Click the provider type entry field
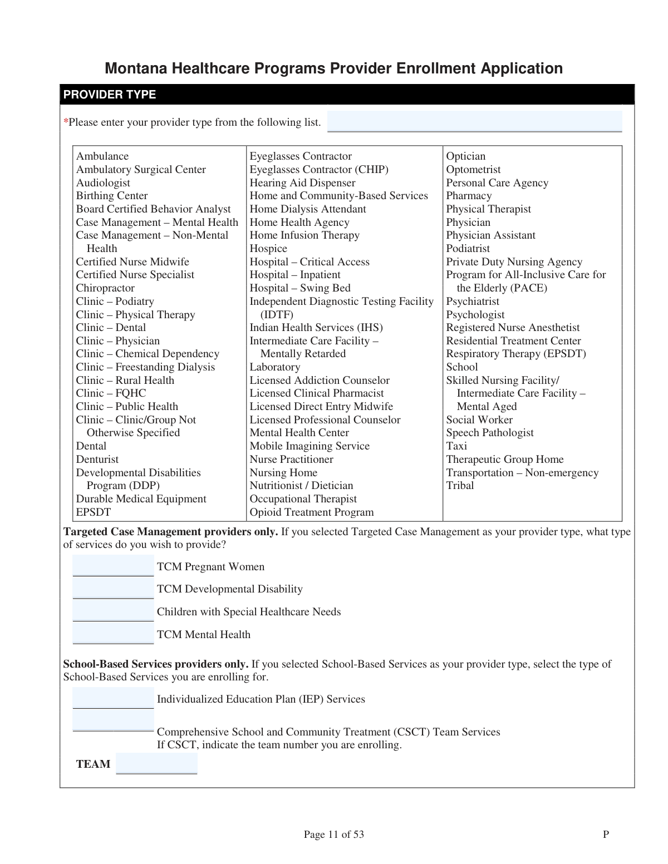point(474,121)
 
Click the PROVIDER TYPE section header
point(110,95)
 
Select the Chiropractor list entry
point(105,288)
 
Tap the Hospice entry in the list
point(268,249)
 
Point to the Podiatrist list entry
point(468,249)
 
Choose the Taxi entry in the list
point(456,446)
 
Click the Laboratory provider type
point(274,367)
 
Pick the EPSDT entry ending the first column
point(94,512)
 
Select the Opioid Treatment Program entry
point(311,512)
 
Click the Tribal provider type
point(460,486)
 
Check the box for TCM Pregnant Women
point(113,566)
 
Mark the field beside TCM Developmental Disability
point(113,588)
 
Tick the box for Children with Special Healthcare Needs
point(113,611)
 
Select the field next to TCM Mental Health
point(113,634)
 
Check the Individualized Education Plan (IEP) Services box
point(113,698)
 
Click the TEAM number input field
point(156,763)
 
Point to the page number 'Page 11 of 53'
point(333,834)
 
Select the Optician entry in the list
point(465,156)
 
